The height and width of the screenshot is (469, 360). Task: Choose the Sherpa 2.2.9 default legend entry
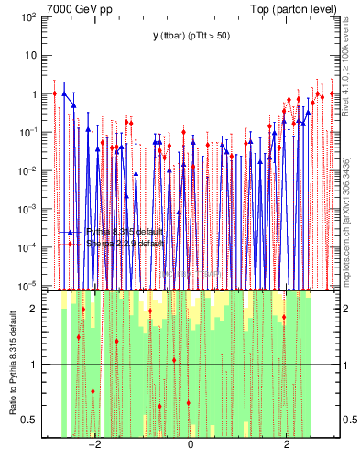(124, 245)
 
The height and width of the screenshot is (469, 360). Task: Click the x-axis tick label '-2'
(93, 445)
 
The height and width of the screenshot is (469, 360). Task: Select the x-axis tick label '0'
(191, 445)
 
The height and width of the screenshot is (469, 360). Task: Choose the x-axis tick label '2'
(287, 445)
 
